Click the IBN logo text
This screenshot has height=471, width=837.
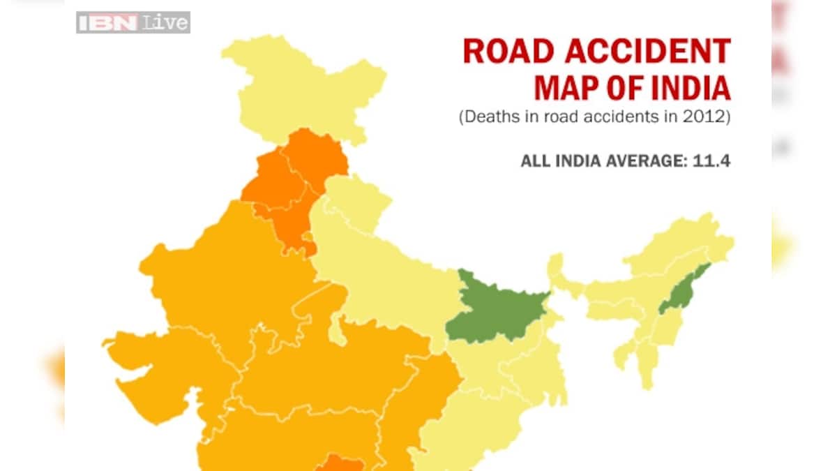[x=109, y=22]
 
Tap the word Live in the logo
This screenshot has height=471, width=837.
[x=166, y=22]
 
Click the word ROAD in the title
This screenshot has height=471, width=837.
[x=496, y=52]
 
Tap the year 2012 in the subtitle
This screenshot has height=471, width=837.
[x=705, y=117]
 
